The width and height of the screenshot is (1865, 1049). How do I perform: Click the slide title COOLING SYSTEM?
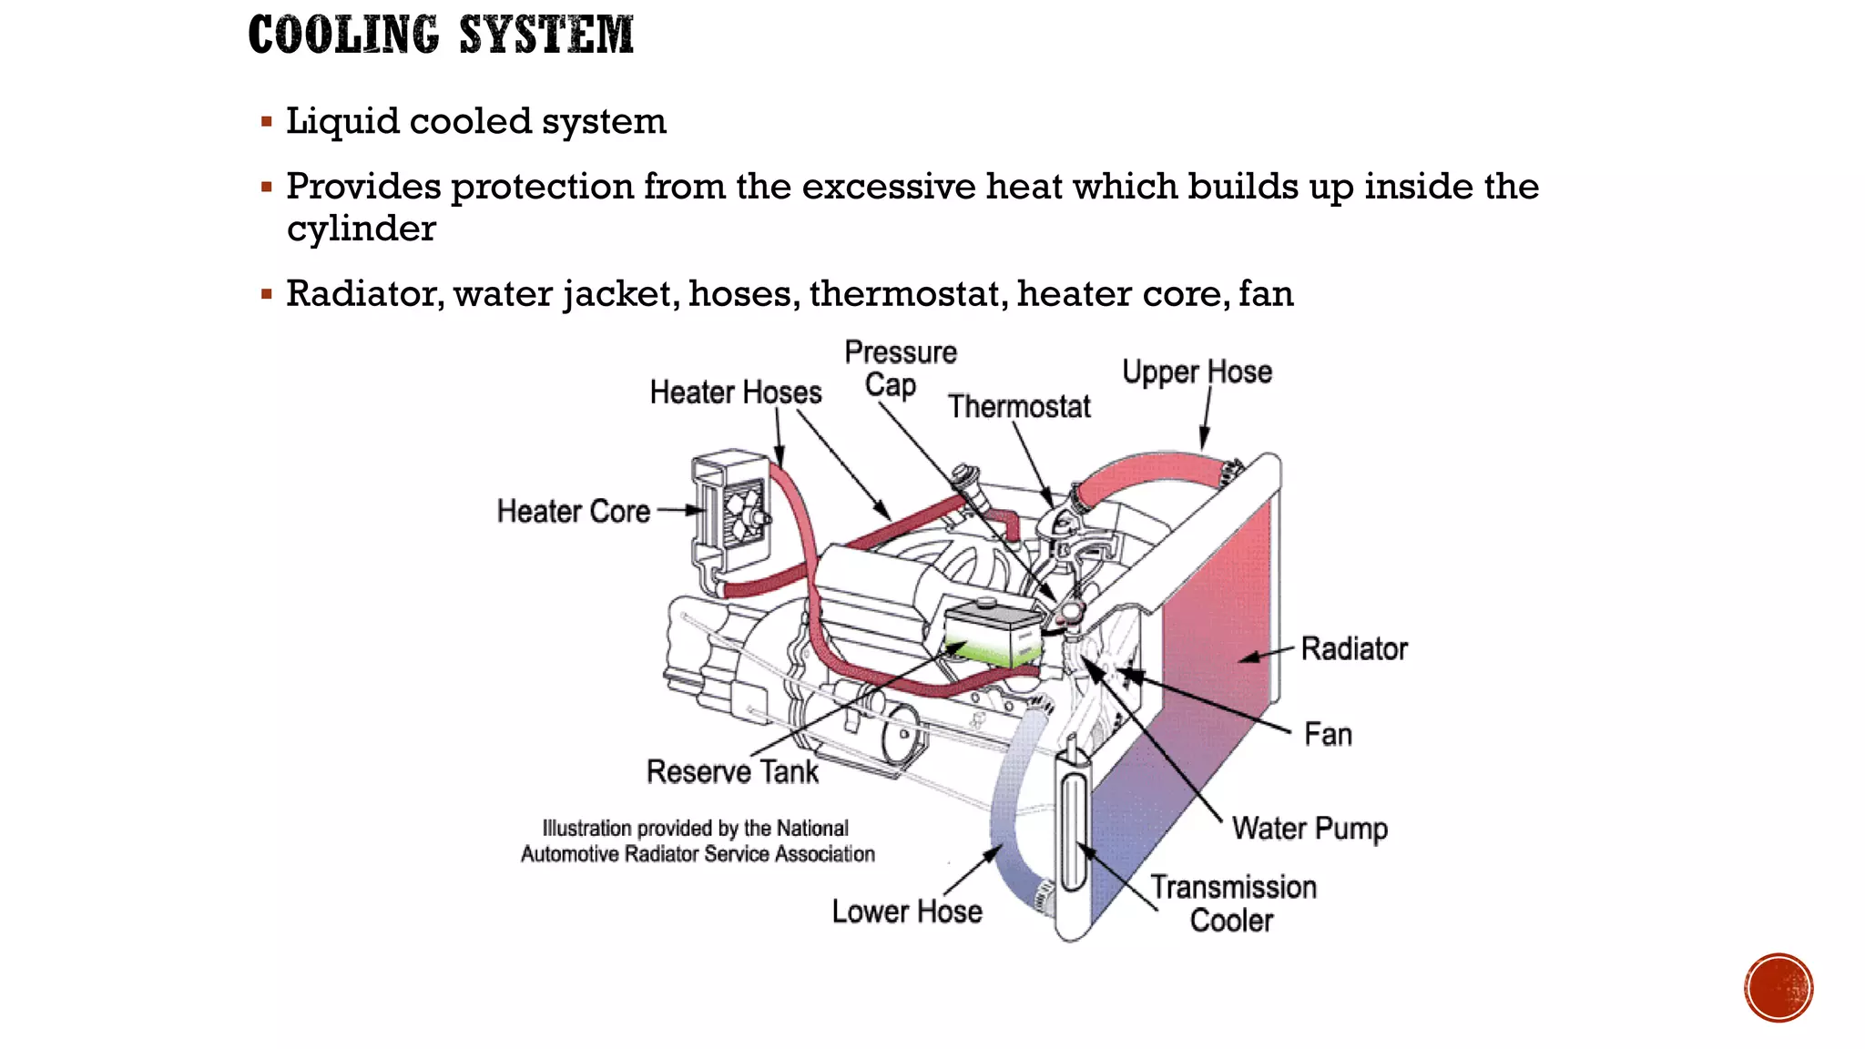pyautogui.click(x=441, y=36)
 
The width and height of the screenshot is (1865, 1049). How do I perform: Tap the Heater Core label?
pyautogui.click(x=573, y=512)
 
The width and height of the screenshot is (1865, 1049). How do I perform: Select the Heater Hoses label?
pyautogui.click(x=735, y=392)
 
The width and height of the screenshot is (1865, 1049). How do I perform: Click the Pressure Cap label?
pyautogui.click(x=900, y=369)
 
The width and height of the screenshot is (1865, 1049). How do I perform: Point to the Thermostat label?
pyautogui.click(x=1018, y=407)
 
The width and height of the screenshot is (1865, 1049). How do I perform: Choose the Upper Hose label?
pyautogui.click(x=1197, y=372)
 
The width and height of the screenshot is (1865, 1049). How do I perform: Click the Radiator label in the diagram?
pyautogui.click(x=1353, y=649)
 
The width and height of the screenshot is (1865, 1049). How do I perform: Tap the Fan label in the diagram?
pyautogui.click(x=1328, y=735)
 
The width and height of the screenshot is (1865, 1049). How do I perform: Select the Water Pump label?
pyautogui.click(x=1310, y=829)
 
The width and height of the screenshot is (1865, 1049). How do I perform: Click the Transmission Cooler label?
pyautogui.click(x=1233, y=903)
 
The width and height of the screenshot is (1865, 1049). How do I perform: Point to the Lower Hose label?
pyautogui.click(x=907, y=912)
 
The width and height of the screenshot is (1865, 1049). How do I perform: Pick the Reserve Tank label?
pyautogui.click(x=732, y=772)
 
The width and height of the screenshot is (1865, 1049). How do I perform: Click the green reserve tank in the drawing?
pyautogui.click(x=993, y=637)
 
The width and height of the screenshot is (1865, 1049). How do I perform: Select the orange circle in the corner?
pyautogui.click(x=1778, y=988)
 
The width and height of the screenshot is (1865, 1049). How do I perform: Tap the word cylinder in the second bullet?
pyautogui.click(x=361, y=229)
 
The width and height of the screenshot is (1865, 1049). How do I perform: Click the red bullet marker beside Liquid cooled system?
pyautogui.click(x=267, y=122)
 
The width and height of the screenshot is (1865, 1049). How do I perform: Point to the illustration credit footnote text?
pyautogui.click(x=697, y=841)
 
